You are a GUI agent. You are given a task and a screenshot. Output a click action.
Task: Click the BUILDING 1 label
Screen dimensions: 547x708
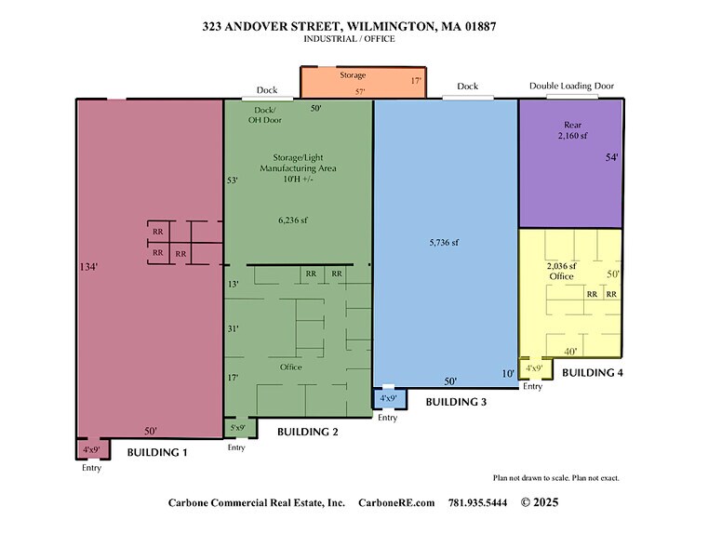click(157, 452)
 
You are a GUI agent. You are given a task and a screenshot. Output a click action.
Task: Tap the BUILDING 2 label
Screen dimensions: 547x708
click(308, 432)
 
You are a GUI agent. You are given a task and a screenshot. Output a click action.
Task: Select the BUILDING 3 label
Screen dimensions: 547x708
click(457, 402)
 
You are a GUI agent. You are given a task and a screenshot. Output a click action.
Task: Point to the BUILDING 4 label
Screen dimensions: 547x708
click(593, 372)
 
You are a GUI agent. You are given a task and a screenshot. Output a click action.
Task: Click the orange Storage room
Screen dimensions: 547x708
click(362, 82)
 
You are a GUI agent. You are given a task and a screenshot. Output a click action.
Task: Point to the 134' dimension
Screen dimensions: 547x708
click(89, 267)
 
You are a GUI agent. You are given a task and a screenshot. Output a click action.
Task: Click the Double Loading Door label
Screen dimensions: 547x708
click(571, 86)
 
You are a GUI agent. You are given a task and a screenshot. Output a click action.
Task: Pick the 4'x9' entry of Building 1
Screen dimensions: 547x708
click(91, 450)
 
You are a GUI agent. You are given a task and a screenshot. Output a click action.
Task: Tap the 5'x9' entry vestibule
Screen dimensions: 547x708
click(237, 428)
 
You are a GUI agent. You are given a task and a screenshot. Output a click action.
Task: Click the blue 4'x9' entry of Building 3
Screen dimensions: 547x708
click(388, 399)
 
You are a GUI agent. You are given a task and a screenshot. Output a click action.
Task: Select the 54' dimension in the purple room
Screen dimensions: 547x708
click(611, 157)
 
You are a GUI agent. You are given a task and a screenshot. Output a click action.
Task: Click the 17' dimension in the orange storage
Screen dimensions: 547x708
click(416, 81)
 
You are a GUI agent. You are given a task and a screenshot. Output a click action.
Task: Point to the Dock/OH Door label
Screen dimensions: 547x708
click(266, 114)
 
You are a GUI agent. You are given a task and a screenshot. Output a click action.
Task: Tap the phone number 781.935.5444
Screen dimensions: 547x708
click(477, 502)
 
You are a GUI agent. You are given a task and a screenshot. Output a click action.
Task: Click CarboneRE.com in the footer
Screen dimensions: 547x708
click(396, 502)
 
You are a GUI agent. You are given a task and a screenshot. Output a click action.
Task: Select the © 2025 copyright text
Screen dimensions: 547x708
click(541, 502)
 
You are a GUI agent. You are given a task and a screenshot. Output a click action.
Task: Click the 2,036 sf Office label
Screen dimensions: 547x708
click(561, 272)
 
